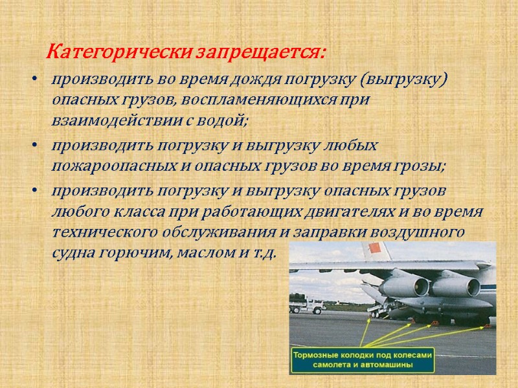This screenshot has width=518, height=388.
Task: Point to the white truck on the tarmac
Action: pyautogui.click(x=313, y=305)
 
